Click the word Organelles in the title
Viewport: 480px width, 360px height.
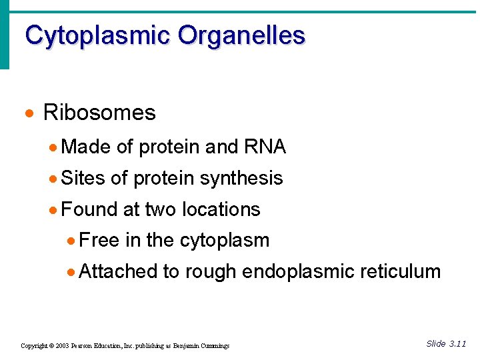coord(241,35)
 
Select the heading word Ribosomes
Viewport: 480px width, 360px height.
coord(99,113)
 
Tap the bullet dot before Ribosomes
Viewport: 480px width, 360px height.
coord(28,113)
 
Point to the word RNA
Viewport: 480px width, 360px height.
coord(265,147)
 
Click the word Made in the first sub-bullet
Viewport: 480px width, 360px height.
coord(86,147)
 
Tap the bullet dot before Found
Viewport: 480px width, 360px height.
coord(53,210)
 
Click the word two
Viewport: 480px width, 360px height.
coord(160,209)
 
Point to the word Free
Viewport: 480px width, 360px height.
coord(99,240)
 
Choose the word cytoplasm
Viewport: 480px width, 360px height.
coord(226,241)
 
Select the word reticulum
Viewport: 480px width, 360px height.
coord(401,271)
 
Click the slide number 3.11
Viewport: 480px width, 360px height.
coord(457,344)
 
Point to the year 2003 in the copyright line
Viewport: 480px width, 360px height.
coord(63,346)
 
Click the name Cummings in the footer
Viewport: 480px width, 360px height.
coord(214,346)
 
